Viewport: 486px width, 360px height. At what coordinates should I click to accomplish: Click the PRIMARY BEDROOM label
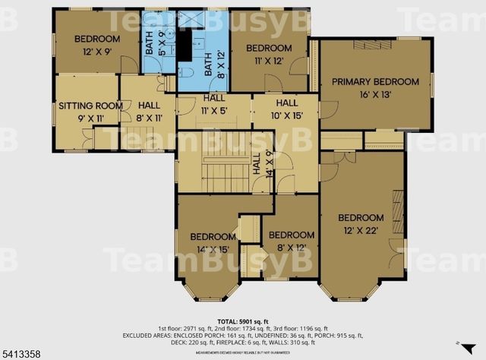(x=375, y=82)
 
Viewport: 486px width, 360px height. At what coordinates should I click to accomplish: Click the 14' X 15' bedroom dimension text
(x=213, y=248)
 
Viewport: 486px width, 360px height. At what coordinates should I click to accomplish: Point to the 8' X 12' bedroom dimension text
(x=291, y=248)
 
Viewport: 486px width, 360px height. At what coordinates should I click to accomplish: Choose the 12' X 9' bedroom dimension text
(x=96, y=53)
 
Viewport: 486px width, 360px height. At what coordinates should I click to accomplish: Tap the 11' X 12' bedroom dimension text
(x=269, y=61)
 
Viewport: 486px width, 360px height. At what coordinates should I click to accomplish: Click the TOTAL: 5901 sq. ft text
(x=242, y=321)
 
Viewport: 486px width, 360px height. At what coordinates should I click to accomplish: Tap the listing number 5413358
(x=21, y=352)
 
